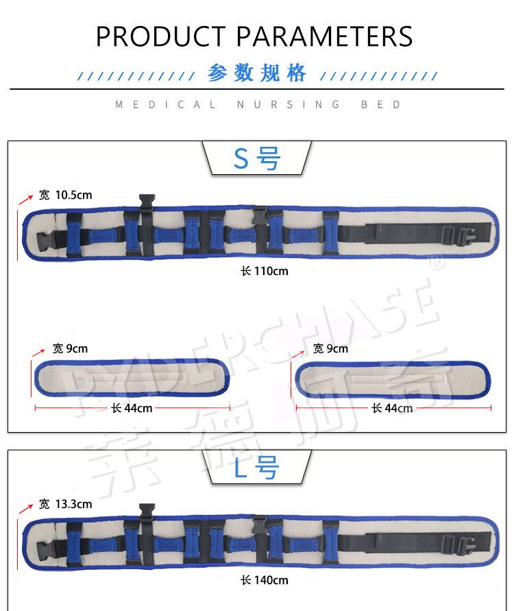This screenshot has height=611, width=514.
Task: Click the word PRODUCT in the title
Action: [160, 36]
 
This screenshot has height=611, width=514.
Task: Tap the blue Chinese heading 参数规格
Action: [257, 73]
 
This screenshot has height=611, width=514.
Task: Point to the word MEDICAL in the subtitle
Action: [166, 105]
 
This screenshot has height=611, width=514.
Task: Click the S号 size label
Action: [257, 159]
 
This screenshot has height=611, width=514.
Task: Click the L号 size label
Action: [257, 469]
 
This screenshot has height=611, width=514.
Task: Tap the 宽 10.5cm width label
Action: [65, 195]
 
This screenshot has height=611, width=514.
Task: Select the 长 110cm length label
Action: [264, 271]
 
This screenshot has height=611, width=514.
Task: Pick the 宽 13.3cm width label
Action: [65, 505]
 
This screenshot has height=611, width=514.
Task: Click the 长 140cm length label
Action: [264, 580]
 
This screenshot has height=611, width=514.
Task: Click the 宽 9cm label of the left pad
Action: [70, 349]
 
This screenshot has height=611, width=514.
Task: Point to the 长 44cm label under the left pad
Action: [132, 408]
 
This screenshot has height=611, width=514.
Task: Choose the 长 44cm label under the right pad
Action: [392, 408]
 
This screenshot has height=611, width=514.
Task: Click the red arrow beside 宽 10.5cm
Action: [26, 199]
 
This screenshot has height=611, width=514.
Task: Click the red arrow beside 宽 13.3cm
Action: [26, 508]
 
